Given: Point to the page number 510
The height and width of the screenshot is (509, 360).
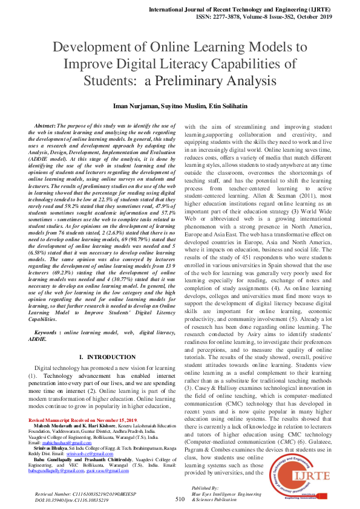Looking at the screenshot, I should (x=180, y=499).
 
